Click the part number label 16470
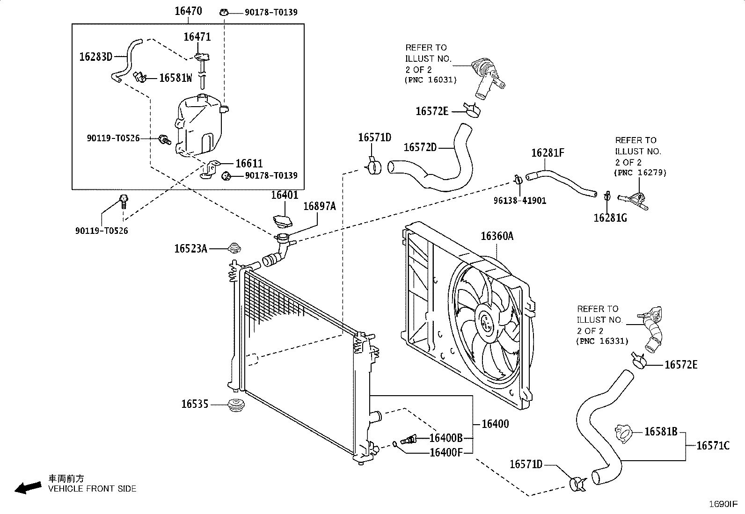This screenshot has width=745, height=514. click(x=188, y=11)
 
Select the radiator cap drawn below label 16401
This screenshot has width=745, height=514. click(x=282, y=221)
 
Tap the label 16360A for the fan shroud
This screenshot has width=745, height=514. click(x=497, y=236)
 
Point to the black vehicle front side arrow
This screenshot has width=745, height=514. click(x=28, y=488)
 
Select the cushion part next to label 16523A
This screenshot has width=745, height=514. click(x=234, y=248)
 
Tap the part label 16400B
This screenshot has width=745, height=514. click(x=446, y=438)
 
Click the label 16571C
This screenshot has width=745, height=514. click(x=713, y=446)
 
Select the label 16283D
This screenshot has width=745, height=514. click(x=96, y=57)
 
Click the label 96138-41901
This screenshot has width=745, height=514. click(x=520, y=201)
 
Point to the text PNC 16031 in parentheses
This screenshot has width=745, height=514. click(x=431, y=80)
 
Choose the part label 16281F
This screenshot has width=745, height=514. click(x=548, y=152)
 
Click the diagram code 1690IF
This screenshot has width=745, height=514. click(x=723, y=504)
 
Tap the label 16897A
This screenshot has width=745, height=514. click(x=320, y=206)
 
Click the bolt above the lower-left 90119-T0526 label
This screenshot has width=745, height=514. click(x=124, y=201)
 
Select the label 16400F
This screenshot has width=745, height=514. click(x=446, y=452)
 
